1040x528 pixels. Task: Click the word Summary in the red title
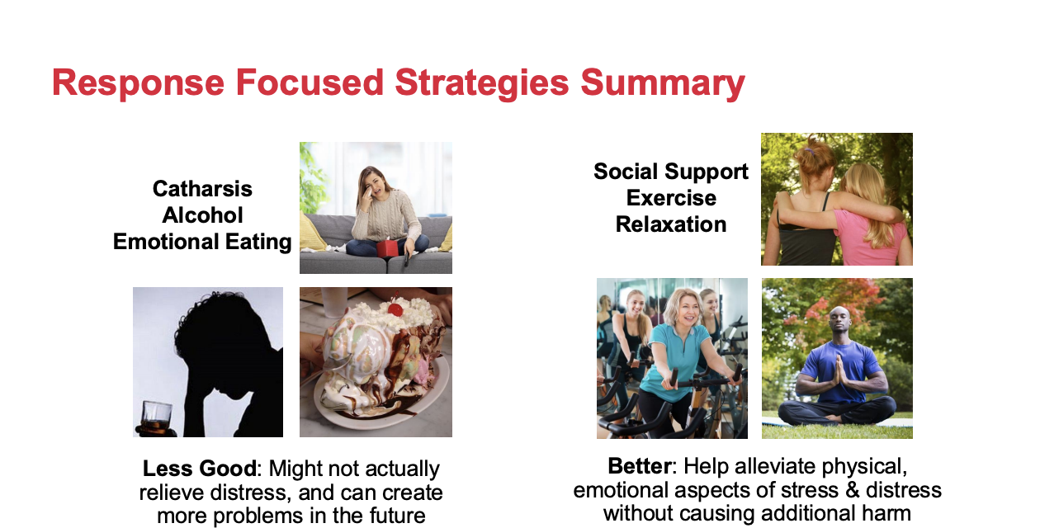coord(663,83)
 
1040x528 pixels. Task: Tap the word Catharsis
coord(202,189)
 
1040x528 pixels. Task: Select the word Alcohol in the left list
coord(202,215)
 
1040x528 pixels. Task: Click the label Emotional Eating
coord(202,243)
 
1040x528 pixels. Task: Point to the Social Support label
coord(671,172)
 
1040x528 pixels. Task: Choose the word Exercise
coord(671,198)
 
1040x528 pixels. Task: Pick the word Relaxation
coord(671,224)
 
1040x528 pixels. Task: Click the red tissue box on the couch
coord(388,247)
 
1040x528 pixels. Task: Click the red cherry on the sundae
coord(395,309)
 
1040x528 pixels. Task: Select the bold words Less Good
coord(199,469)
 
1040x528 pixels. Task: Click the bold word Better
coord(640,466)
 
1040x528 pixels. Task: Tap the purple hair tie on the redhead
coord(810,151)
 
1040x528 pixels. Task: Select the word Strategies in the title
coord(481,83)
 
